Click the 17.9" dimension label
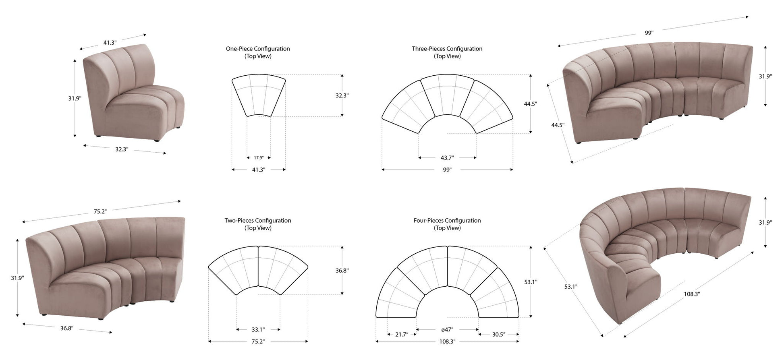(x=259, y=157)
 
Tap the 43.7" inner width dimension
(x=447, y=157)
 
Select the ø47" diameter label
(x=447, y=329)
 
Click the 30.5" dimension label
(x=498, y=334)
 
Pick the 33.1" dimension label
(x=258, y=329)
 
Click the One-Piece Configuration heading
(x=258, y=49)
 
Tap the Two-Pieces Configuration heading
(x=258, y=221)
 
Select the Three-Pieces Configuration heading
(x=447, y=49)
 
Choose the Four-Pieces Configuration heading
(x=447, y=221)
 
